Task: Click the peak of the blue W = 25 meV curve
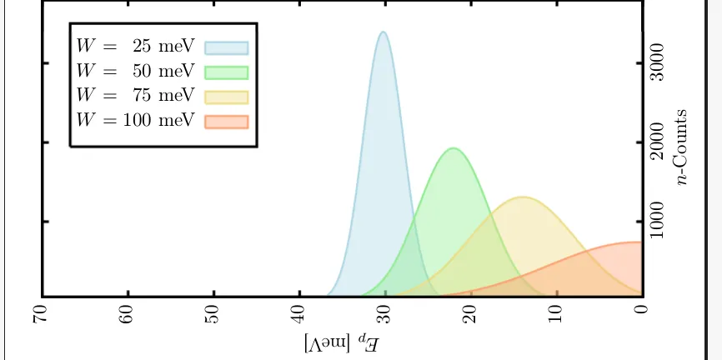click(383, 32)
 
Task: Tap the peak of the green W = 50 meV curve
click(453, 149)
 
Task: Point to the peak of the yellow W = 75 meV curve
click(522, 197)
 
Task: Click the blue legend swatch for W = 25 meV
click(227, 47)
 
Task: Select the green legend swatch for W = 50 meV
click(227, 72)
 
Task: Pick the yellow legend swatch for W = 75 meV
click(227, 96)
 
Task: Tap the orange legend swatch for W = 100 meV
click(227, 120)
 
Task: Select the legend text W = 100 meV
click(134, 120)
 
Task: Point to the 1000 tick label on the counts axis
click(659, 222)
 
